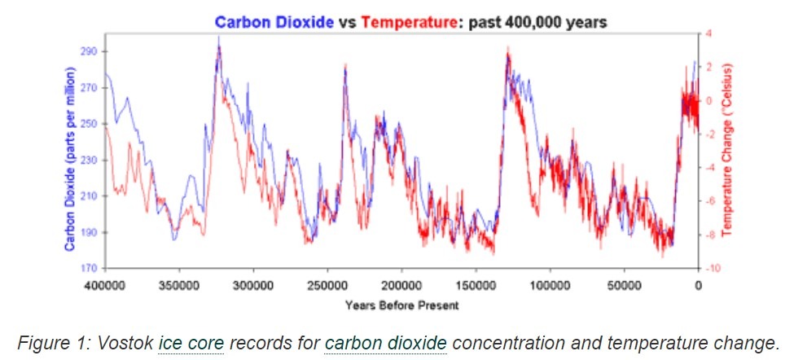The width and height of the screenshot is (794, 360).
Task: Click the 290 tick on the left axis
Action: click(x=89, y=51)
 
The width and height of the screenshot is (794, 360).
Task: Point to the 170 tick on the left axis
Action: click(x=89, y=268)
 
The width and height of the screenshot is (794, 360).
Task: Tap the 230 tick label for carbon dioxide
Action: click(x=89, y=160)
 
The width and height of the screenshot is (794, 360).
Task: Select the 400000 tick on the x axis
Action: click(x=106, y=286)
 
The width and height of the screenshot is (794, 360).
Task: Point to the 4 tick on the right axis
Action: click(x=708, y=33)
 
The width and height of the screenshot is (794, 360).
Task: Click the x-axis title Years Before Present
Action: click(x=401, y=305)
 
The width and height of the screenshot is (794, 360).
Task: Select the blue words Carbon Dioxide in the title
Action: click(x=274, y=22)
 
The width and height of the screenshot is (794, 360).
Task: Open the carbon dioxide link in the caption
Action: click(x=385, y=342)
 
